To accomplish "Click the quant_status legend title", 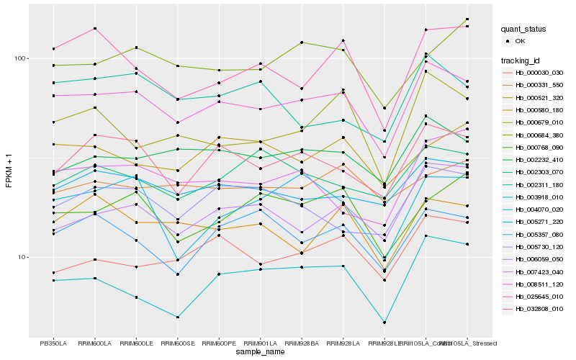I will (x=523, y=30).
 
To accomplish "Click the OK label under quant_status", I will (x=520, y=42).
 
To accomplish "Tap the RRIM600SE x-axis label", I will (x=177, y=343).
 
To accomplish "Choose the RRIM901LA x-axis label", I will (x=260, y=343).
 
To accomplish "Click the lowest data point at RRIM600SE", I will (x=177, y=317).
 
